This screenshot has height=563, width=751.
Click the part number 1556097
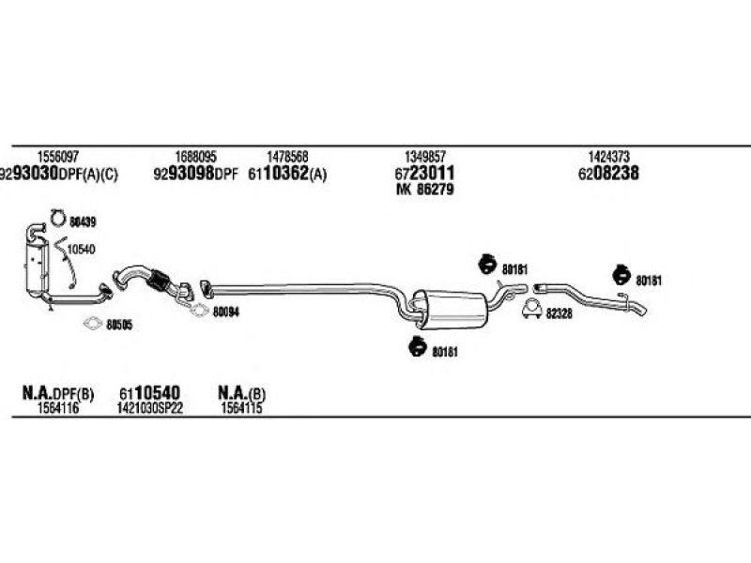coord(57,157)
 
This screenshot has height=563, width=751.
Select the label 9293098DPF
coord(195,174)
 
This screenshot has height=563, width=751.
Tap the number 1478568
coord(287,157)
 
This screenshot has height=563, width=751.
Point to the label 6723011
coord(425,173)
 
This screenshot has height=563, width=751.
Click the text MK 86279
coord(425,190)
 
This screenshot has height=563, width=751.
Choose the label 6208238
coord(608,173)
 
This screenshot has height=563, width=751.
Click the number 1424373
coord(608,157)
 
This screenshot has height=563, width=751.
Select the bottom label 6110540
coord(149,393)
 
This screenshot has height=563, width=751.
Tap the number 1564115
coord(241,408)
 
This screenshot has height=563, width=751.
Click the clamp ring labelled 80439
coord(52,218)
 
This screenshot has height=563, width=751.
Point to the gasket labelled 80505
coord(92,324)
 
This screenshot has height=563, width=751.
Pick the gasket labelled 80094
coord(198,311)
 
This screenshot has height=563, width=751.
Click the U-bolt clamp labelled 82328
coord(531,310)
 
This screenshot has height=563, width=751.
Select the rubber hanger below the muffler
coord(418,346)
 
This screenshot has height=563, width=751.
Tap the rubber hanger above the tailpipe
coord(621,274)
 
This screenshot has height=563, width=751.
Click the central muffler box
coord(454,310)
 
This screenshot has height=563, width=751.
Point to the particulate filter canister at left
coord(38,266)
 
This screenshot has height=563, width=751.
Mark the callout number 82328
coord(559,314)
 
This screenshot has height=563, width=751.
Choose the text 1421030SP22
coord(150,408)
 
